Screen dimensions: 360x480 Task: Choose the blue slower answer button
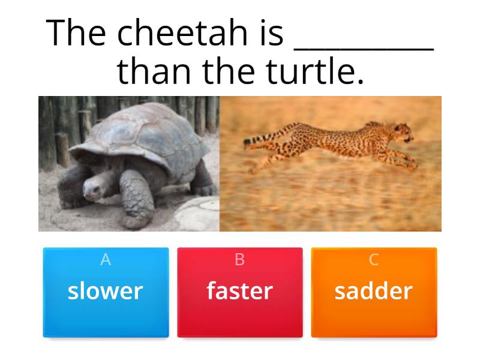106,292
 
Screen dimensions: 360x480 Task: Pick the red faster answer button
240,292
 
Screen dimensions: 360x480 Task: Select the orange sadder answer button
374,292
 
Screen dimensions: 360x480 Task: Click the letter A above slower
106,260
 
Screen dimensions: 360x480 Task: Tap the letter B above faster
240,260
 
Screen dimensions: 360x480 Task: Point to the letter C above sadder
374,260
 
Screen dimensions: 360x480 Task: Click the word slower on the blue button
106,291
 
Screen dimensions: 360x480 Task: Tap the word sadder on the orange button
374,291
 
